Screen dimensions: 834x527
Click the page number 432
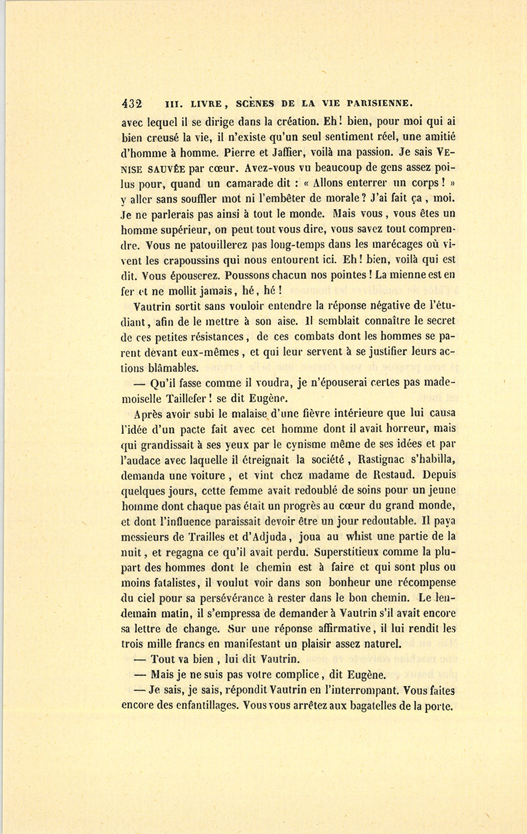132,104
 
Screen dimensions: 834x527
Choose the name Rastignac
390,460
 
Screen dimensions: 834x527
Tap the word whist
359,536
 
